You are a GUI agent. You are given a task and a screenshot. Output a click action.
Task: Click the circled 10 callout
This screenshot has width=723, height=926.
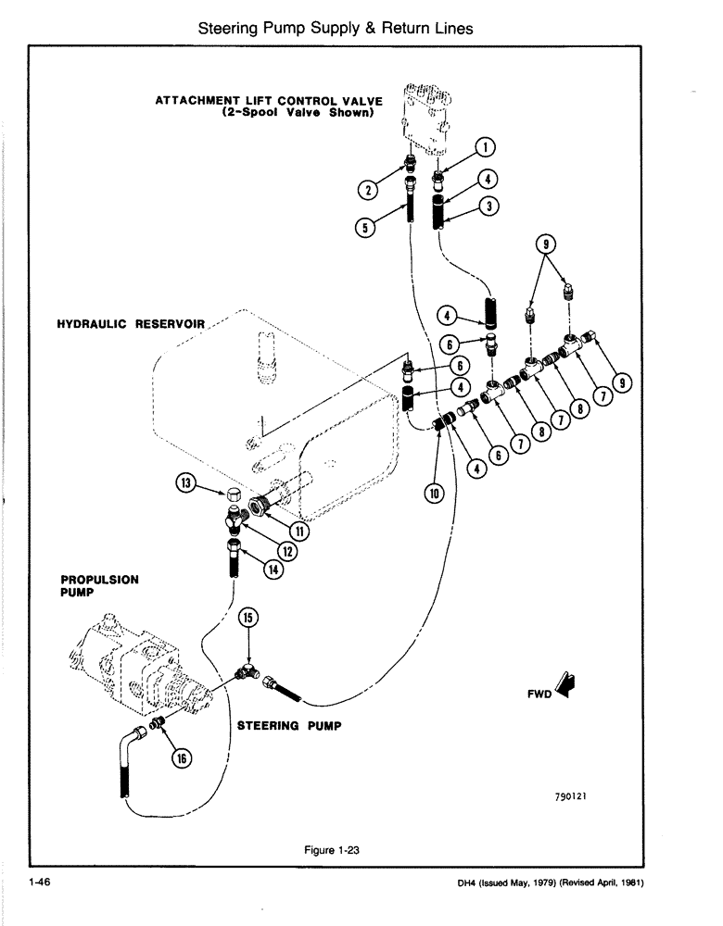[x=433, y=493]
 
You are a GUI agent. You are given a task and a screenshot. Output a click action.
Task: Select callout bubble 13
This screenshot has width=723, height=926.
[x=187, y=482]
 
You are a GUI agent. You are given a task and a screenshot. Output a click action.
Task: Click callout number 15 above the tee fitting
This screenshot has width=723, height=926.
[x=248, y=618]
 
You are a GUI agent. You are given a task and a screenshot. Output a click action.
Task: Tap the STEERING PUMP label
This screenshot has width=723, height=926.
[x=289, y=726]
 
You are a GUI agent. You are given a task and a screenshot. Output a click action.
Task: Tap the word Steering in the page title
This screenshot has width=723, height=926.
[x=232, y=29]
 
